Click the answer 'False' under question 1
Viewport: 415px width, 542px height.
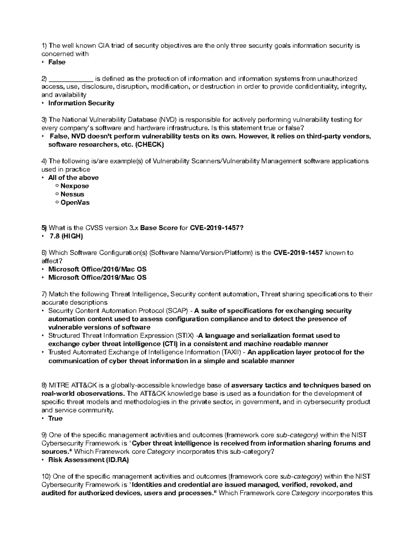click(x=57, y=62)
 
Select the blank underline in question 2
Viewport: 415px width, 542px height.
click(x=71, y=79)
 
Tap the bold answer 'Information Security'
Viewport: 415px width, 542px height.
click(x=81, y=103)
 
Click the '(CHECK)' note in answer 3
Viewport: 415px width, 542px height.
click(x=149, y=145)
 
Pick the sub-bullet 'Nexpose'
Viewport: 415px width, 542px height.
click(x=75, y=186)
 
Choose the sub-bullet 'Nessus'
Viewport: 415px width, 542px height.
click(x=72, y=194)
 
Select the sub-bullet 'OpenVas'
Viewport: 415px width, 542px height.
click(x=75, y=202)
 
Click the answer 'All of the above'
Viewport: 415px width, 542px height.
click(x=73, y=177)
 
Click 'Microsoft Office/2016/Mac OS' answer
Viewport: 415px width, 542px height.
click(x=98, y=269)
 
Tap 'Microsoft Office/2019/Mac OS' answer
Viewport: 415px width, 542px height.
click(x=98, y=277)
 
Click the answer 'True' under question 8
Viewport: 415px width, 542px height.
click(x=55, y=418)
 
